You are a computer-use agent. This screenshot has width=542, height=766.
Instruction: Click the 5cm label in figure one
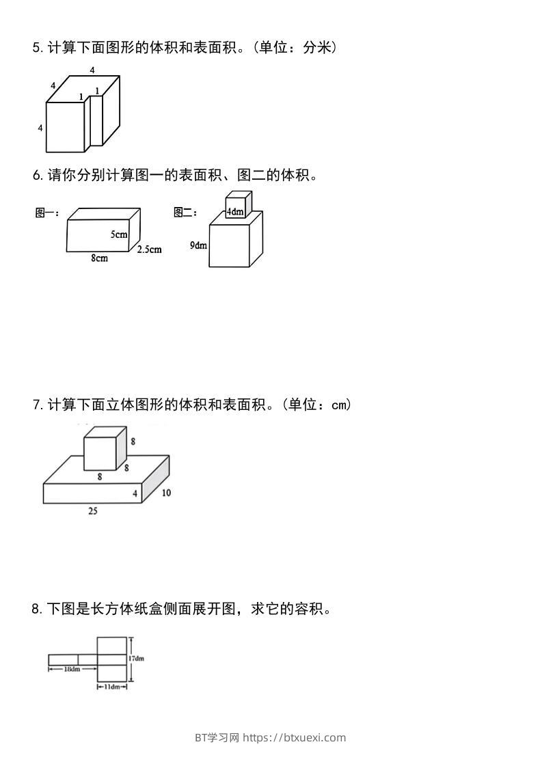pyautogui.click(x=119, y=234)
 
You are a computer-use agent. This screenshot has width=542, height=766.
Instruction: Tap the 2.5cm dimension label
pyautogui.click(x=149, y=249)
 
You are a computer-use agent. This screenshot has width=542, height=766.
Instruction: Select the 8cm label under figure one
pyautogui.click(x=99, y=258)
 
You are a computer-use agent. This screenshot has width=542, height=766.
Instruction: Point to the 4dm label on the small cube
pyautogui.click(x=235, y=212)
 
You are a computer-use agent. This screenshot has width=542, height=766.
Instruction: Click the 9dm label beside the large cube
pyautogui.click(x=198, y=245)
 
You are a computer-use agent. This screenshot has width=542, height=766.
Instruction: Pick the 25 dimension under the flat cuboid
pyautogui.click(x=92, y=510)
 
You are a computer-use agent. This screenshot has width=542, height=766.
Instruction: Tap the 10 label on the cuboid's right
pyautogui.click(x=166, y=493)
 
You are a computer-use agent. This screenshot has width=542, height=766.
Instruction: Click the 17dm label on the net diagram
pyautogui.click(x=136, y=659)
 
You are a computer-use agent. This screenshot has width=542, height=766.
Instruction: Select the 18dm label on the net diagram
pyautogui.click(x=72, y=669)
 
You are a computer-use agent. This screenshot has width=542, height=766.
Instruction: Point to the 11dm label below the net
pyautogui.click(x=111, y=686)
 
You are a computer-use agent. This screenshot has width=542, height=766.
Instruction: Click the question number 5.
pyautogui.click(x=36, y=48)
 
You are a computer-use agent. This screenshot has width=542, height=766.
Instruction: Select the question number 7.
pyautogui.click(x=36, y=405)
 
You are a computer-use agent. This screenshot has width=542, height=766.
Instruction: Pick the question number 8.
pyautogui.click(x=36, y=609)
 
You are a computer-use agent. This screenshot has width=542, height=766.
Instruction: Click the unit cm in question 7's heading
pyautogui.click(x=340, y=405)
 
